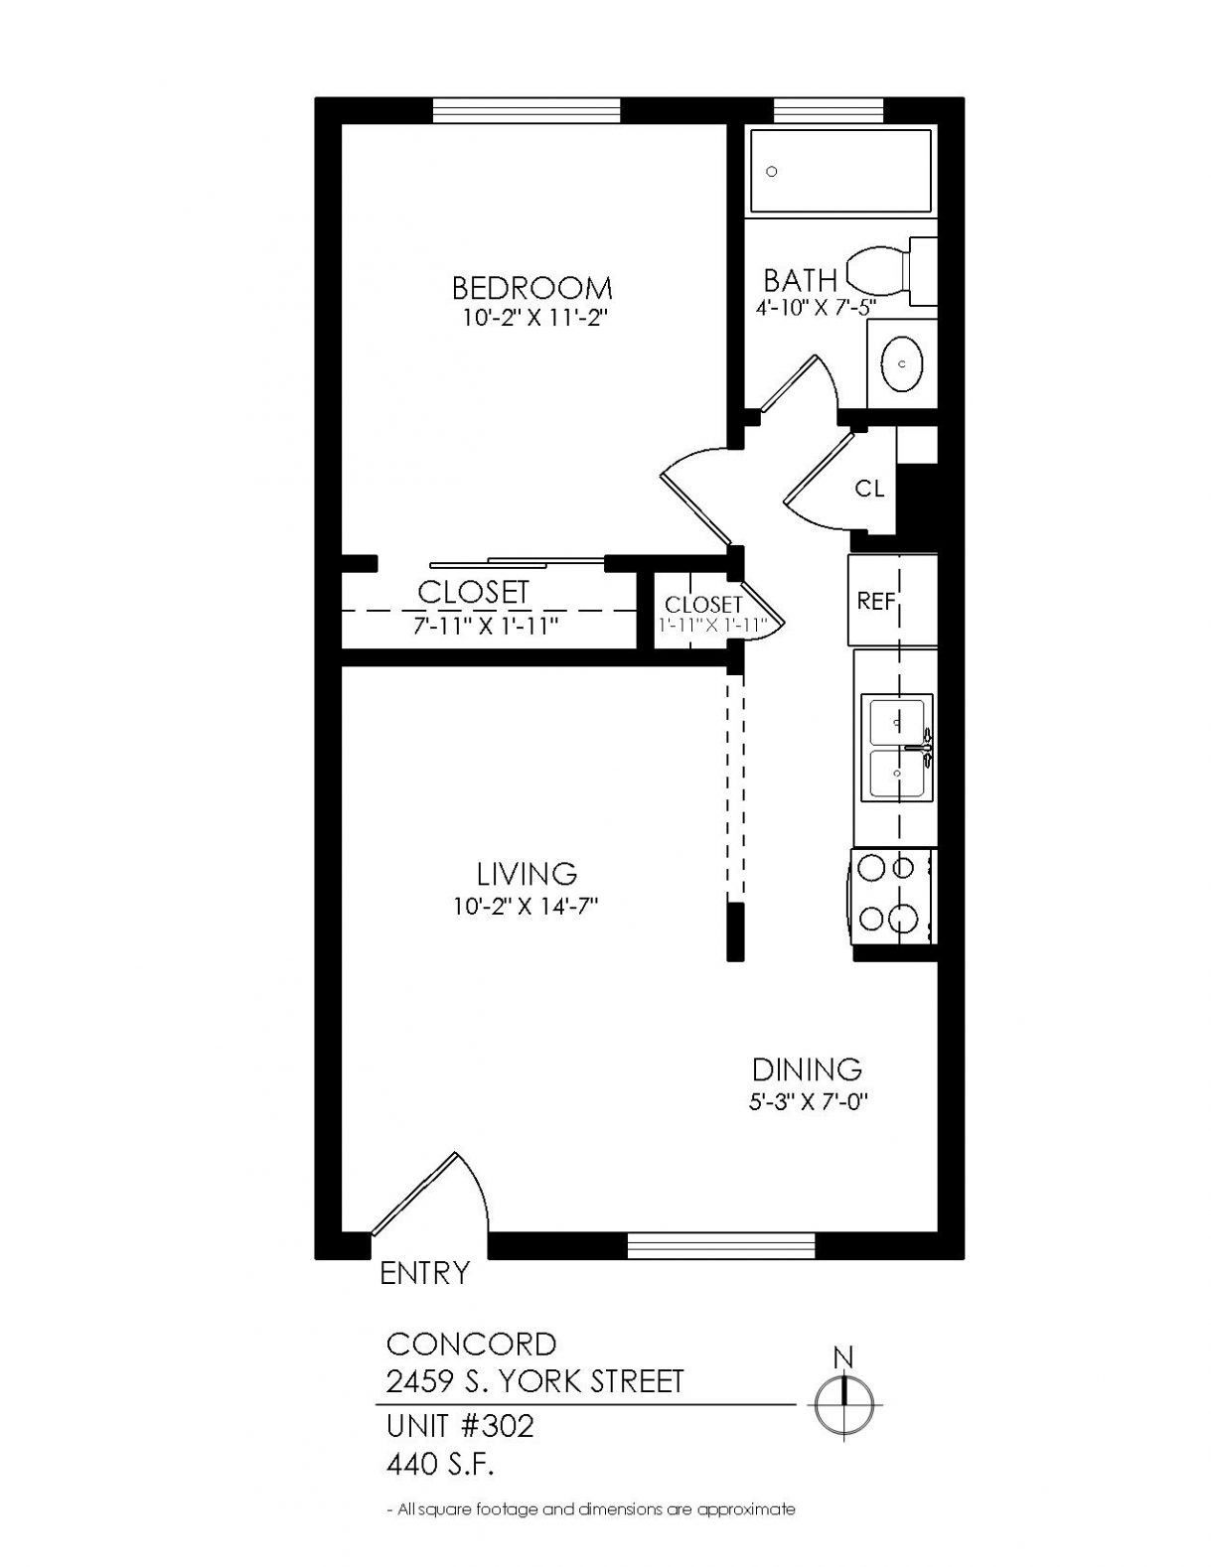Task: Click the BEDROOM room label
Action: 532,288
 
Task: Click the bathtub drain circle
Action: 773,172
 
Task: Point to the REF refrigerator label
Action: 875,601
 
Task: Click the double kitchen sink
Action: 897,748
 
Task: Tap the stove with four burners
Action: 894,897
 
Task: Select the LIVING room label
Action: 527,874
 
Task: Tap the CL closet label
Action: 869,489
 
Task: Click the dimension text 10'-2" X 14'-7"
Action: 527,907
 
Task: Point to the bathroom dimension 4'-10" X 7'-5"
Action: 815,307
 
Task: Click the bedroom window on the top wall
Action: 527,110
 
